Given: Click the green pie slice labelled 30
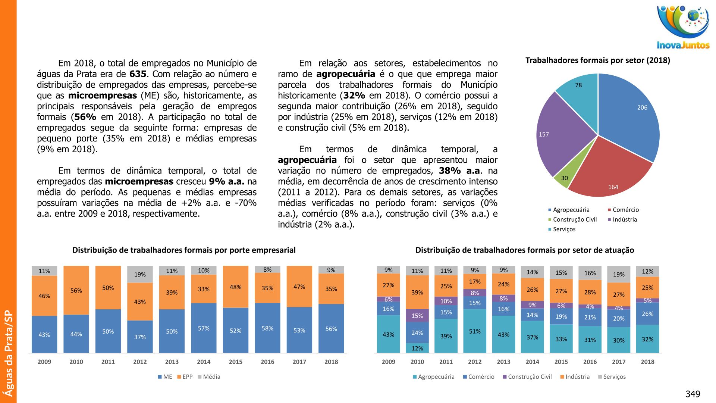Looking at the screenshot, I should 563,178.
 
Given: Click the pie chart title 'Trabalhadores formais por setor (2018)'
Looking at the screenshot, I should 597,60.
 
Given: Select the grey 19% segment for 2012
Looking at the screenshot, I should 140,274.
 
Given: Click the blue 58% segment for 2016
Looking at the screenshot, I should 267,328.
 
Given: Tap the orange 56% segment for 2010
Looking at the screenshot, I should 76,290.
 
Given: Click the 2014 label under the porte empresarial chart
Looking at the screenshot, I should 204,362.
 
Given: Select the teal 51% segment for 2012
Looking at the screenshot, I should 475,331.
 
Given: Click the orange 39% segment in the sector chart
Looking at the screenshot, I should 417,292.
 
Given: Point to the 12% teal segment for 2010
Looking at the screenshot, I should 417,348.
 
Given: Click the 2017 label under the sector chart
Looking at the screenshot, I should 619,362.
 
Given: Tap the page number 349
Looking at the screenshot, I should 693,394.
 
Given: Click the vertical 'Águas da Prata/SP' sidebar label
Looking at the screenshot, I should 9,353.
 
